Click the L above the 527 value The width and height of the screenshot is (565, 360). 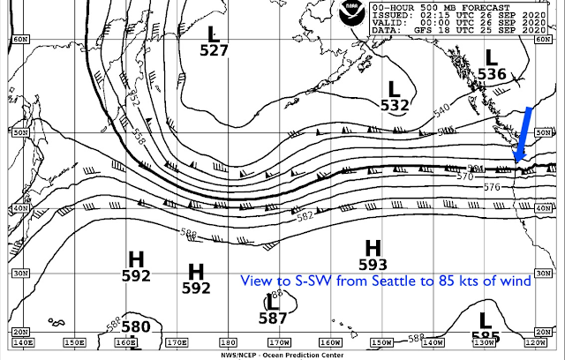click(x=213, y=34)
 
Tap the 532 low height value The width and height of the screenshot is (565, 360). click(x=395, y=106)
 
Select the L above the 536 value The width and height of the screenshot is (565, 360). click(x=492, y=58)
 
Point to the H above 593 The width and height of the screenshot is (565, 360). click(x=373, y=247)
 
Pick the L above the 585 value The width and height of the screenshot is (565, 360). click(x=484, y=319)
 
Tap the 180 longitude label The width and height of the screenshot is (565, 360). click(x=227, y=342)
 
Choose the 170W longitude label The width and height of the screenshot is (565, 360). click(x=278, y=342)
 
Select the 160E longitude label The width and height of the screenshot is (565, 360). click(x=125, y=342)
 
